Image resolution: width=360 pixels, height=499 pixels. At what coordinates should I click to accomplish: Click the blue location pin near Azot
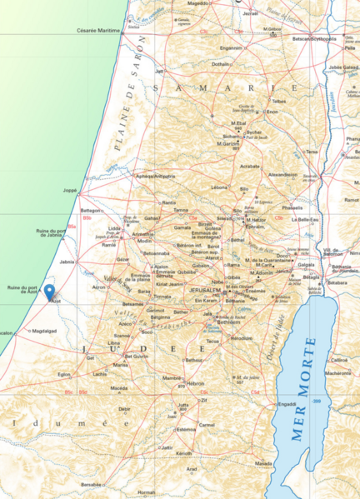point(49,292)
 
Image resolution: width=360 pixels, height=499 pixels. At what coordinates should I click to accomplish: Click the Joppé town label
point(70,191)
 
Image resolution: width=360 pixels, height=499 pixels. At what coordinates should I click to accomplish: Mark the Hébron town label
point(196,383)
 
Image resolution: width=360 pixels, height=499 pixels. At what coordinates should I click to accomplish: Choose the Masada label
point(263,462)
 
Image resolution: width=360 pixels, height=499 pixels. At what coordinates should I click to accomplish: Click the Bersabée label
point(92,484)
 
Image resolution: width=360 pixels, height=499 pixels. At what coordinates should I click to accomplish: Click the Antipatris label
point(156,177)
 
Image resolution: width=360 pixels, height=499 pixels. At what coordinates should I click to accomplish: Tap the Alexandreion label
point(282,175)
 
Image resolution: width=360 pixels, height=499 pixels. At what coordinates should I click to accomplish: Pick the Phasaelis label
point(292,207)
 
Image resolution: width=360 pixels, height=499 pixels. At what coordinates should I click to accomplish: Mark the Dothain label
point(220,64)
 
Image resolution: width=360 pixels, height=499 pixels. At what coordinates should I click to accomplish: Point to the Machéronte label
point(338,373)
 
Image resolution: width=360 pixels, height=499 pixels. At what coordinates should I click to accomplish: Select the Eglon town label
point(64,375)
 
